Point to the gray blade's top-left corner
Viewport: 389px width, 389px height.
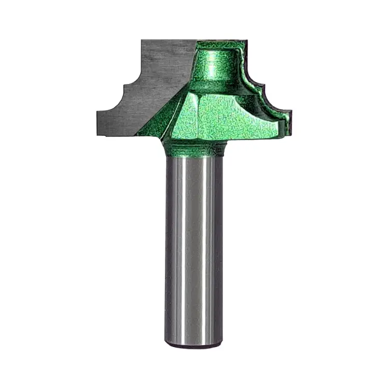click(x=142, y=40)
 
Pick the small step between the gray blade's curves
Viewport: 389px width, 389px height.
click(x=122, y=88)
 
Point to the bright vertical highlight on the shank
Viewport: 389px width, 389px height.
click(x=179, y=249)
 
